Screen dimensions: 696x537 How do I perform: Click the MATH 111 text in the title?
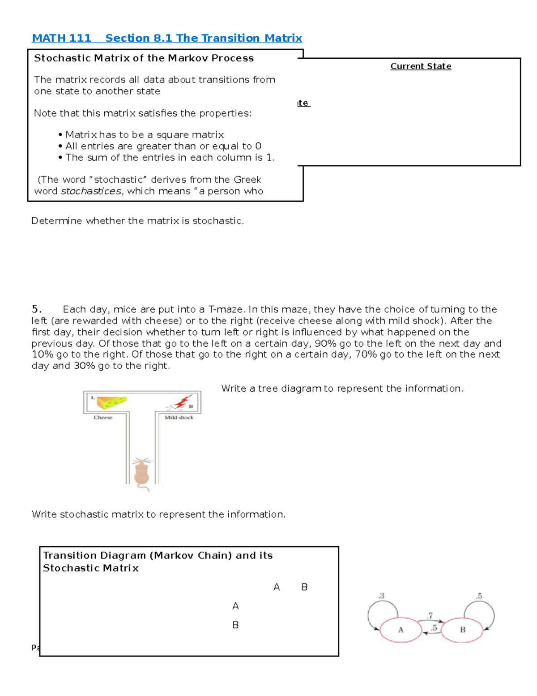point(61,38)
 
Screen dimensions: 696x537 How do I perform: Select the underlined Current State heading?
point(421,66)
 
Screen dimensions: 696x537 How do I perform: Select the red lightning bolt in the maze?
point(182,402)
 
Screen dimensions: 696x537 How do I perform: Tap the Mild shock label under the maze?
point(179,418)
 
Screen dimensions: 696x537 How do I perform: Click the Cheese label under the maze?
point(103,418)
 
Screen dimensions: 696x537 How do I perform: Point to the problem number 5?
point(36,309)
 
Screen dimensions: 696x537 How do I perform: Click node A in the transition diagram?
point(401,630)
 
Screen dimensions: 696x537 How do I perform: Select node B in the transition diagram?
point(462,630)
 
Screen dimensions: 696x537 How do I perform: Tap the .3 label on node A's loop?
point(381,596)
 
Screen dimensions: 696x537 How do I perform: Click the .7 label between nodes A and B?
point(430,616)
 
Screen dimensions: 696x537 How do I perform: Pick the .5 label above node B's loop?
point(479,596)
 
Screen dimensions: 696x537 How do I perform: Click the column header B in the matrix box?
point(304,587)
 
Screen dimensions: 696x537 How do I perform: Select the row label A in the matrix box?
point(236,606)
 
